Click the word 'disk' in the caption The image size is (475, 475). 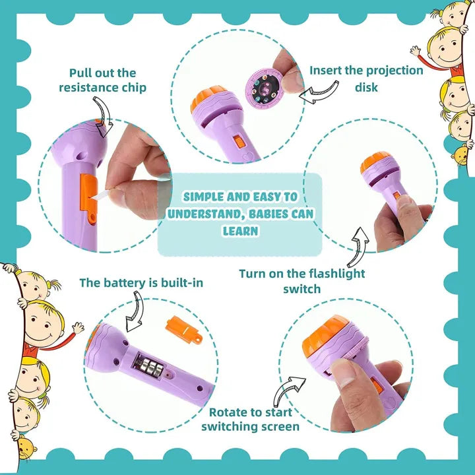pos(366,87)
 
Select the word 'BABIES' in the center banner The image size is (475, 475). pos(265,214)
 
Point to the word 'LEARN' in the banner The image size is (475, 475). pos(240,231)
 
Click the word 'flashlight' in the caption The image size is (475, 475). pos(334,273)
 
